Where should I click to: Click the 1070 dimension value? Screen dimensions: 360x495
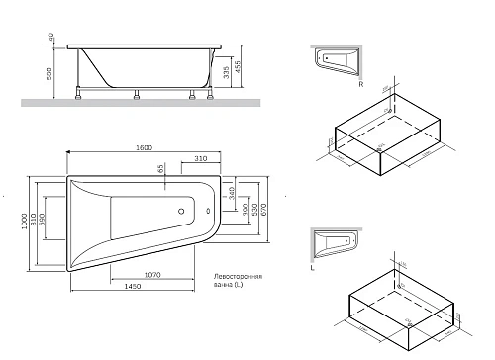click(152, 273)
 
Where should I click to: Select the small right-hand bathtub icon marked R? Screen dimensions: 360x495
click(338, 58)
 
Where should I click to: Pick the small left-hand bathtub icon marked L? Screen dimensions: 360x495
click(335, 239)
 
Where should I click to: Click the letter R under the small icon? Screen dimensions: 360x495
click(362, 85)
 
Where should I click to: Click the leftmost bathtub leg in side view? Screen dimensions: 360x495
click(78, 95)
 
